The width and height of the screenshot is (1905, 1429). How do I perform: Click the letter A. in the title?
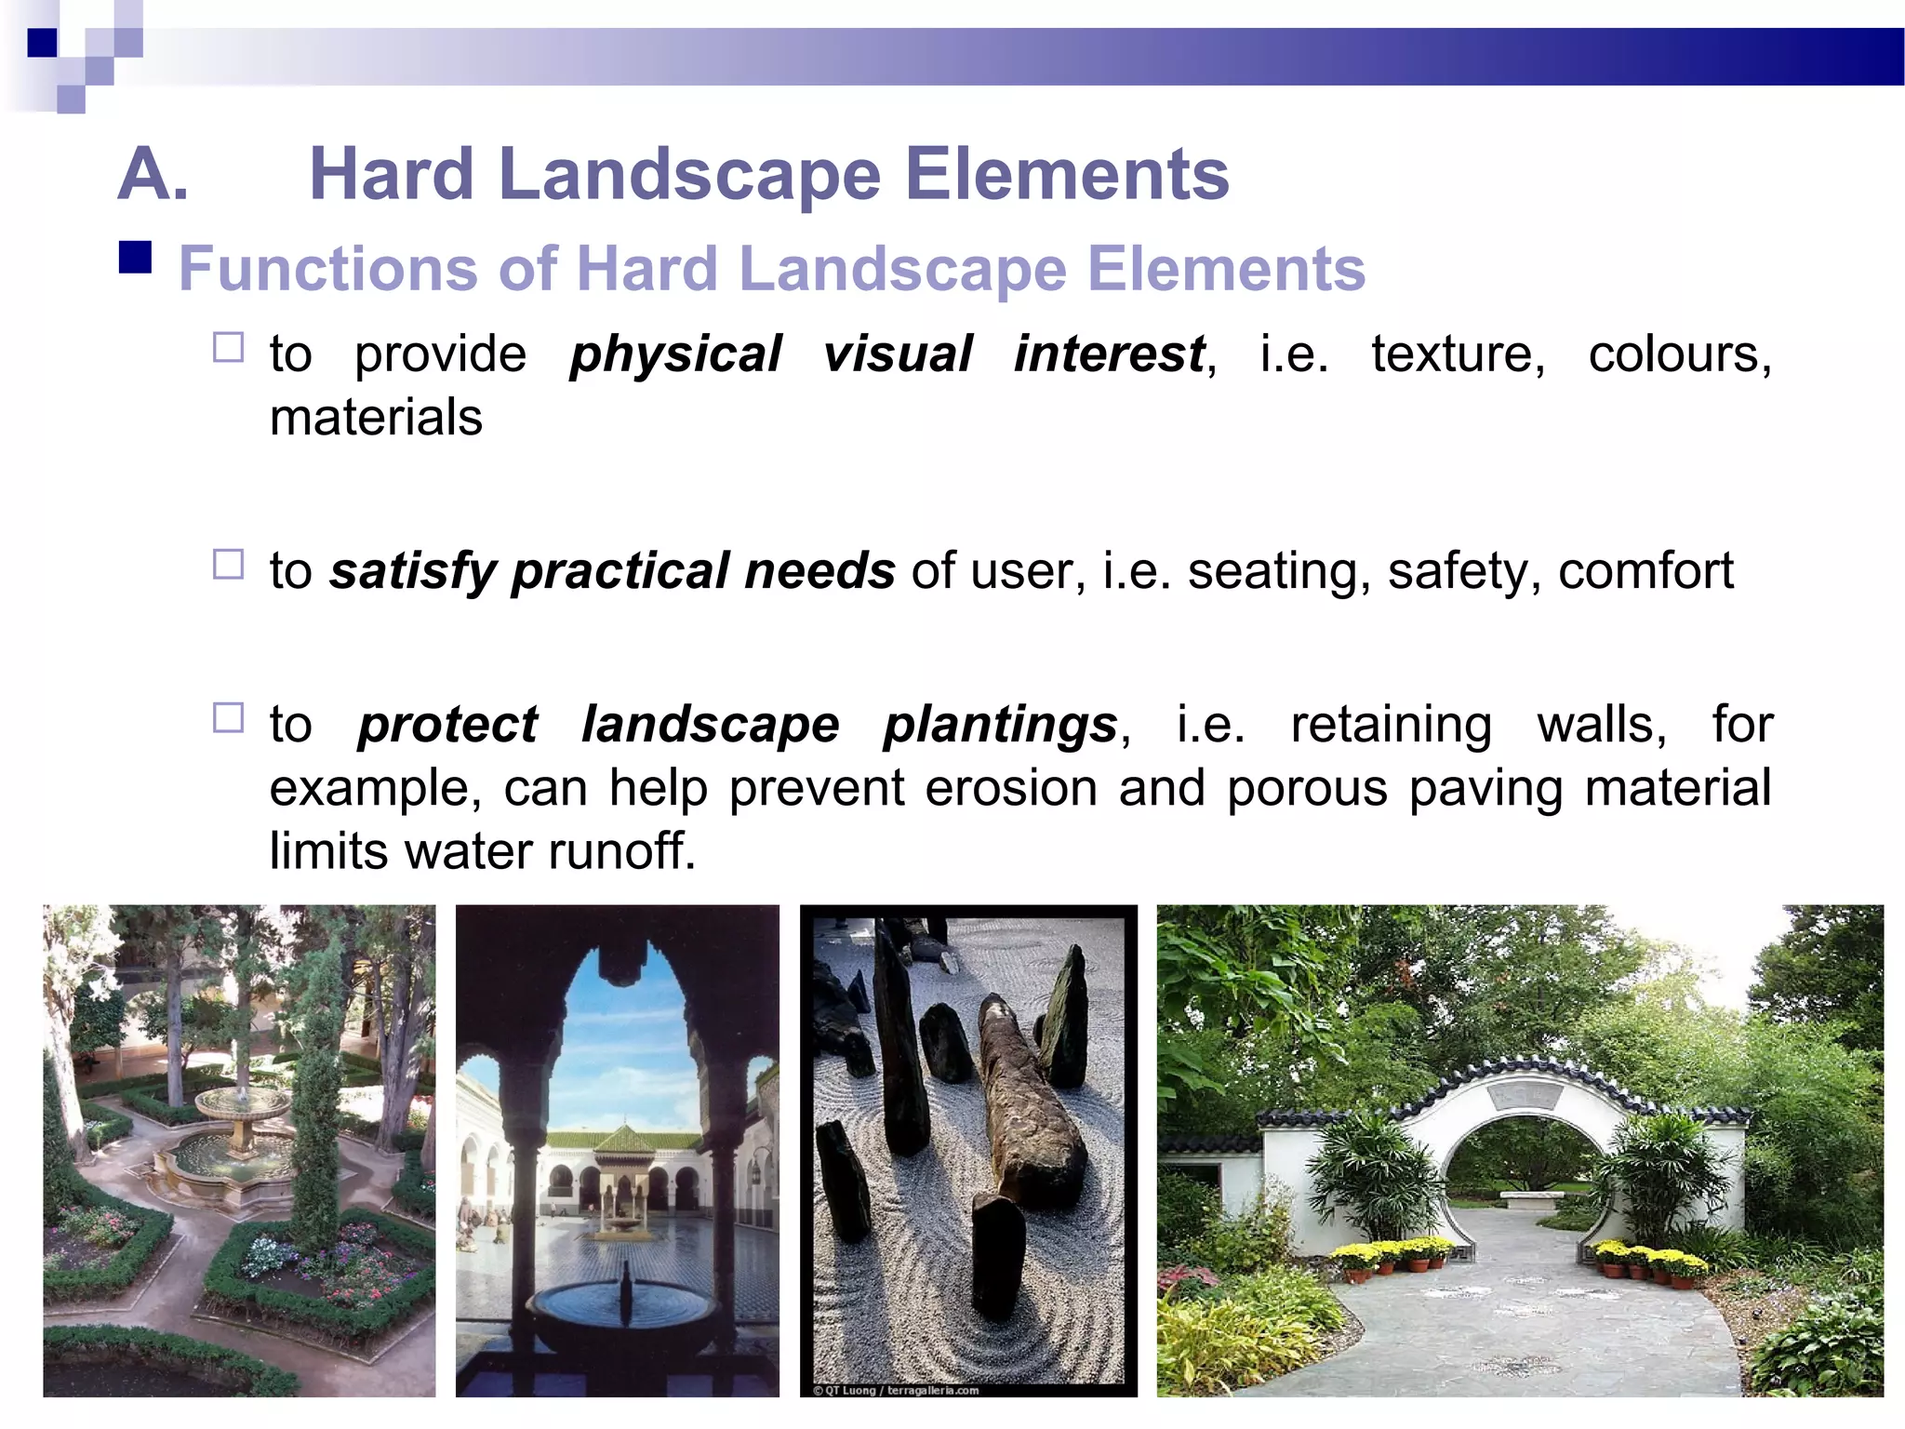click(153, 175)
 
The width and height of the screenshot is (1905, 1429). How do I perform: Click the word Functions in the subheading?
click(327, 270)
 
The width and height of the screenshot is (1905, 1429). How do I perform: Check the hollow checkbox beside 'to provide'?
click(228, 348)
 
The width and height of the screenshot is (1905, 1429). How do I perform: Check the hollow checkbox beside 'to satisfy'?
click(228, 565)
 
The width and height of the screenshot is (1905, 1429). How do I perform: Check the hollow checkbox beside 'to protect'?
click(228, 718)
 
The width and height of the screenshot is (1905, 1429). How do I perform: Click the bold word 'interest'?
click(1109, 354)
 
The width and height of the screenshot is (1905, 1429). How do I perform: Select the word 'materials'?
click(376, 418)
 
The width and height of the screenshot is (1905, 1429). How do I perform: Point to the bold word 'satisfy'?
click(413, 571)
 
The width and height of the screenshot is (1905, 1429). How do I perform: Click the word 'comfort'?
click(1645, 571)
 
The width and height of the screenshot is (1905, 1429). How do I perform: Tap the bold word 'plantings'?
click(1000, 726)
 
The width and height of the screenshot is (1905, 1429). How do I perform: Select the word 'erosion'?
click(1011, 789)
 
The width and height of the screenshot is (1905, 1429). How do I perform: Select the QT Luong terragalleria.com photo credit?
click(896, 1390)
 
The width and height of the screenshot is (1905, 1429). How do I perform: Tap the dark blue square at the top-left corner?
click(42, 43)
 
